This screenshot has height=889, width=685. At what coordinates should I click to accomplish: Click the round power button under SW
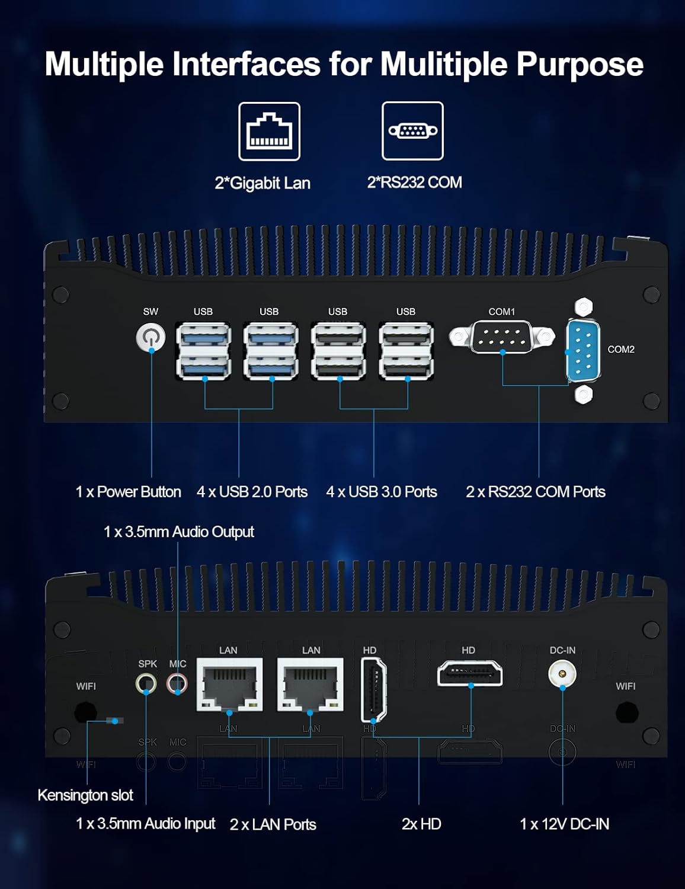pos(151,337)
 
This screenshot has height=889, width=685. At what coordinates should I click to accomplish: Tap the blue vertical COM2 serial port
pos(583,350)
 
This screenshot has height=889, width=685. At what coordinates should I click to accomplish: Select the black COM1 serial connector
pos(502,336)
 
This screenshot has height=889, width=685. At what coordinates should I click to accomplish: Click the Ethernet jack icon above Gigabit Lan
pos(269,132)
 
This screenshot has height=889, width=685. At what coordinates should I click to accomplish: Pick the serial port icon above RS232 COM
pos(412,131)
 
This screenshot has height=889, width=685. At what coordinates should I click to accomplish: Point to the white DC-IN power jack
pos(562,673)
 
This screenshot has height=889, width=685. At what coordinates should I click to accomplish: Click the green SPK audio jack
pos(146,683)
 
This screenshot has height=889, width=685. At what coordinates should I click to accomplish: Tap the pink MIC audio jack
pos(177,683)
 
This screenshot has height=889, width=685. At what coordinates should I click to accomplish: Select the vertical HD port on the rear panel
pos(373,690)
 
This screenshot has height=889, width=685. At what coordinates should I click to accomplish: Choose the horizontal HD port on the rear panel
pos(470,673)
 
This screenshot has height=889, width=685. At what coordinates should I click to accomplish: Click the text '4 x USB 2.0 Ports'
pos(252,492)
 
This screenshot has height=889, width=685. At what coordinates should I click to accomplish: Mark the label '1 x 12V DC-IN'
pos(564,824)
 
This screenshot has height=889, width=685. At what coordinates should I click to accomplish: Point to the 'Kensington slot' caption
pos(85,795)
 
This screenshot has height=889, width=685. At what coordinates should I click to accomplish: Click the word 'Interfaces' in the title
pos(246,64)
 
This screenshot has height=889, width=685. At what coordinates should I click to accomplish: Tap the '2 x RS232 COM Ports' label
pos(535,492)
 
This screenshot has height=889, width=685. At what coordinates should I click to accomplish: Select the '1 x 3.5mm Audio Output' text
pos(179,532)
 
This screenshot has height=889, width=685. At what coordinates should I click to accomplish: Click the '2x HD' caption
pos(421,824)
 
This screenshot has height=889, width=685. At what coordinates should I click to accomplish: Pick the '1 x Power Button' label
pos(129,492)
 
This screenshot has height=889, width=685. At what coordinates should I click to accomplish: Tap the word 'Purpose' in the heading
pos(580,65)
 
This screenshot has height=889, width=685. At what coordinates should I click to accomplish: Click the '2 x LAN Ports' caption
pos(273,824)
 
